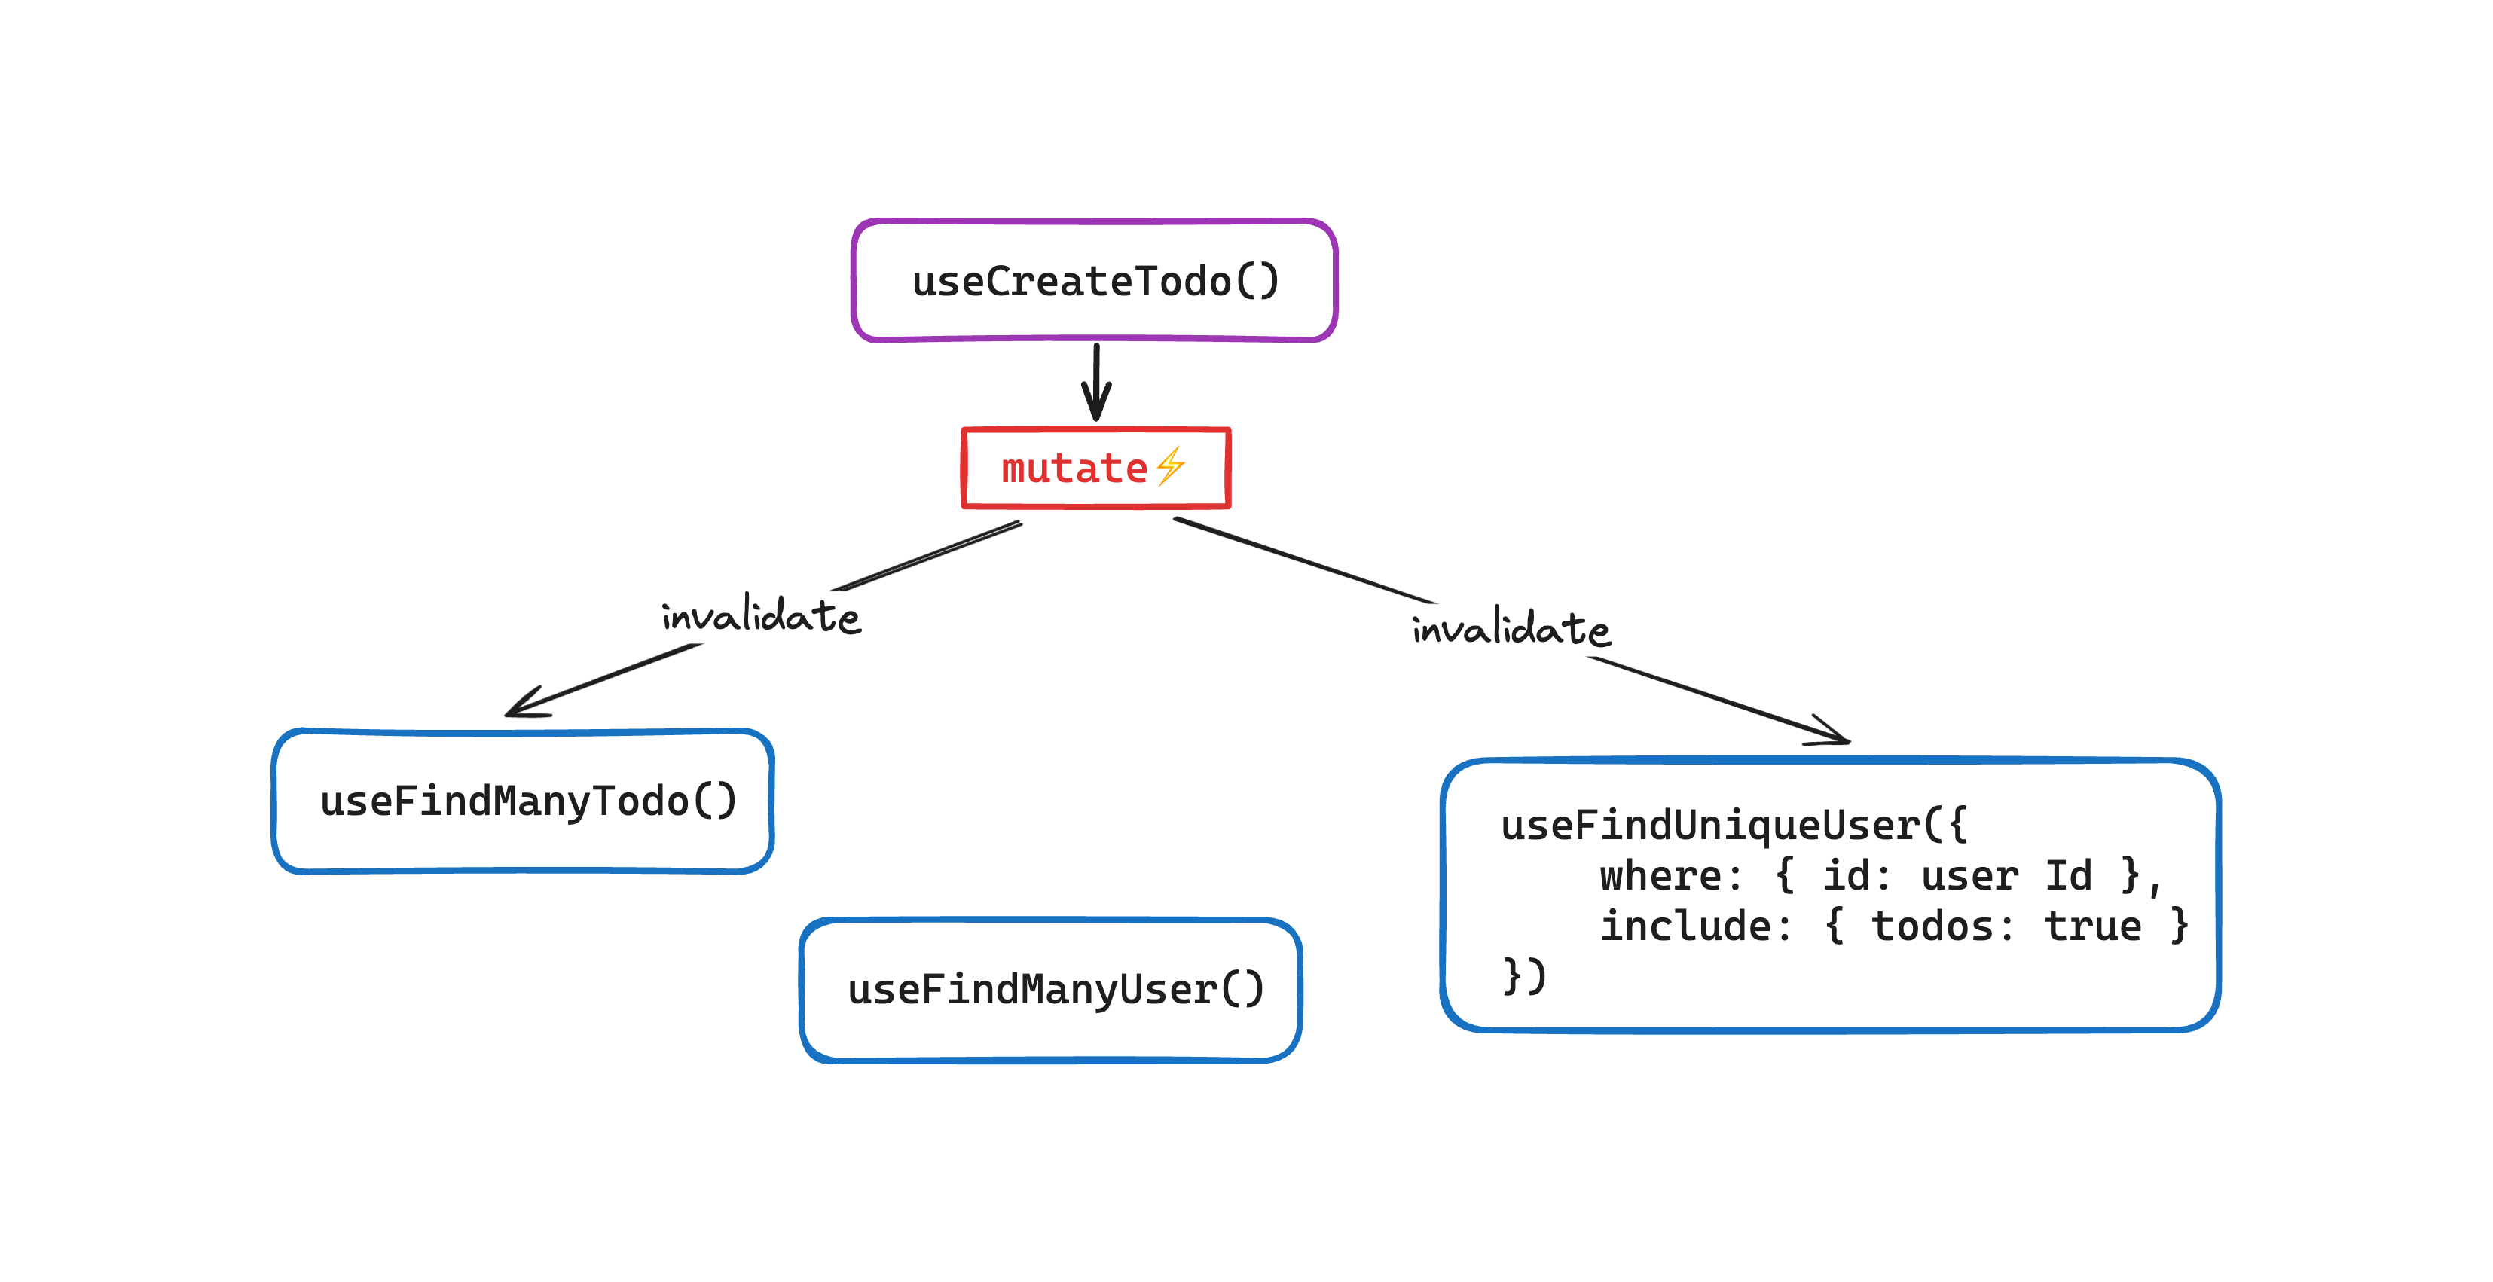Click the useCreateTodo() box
(1095, 281)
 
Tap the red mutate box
(1095, 467)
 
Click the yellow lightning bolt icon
(1171, 465)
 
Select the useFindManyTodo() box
(523, 801)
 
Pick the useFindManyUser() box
(1051, 989)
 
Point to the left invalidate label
(761, 616)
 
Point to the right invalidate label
(1511, 629)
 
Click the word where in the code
(1659, 875)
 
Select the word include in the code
(1684, 926)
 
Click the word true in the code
(2092, 926)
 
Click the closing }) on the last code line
(1524, 975)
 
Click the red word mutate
(1074, 469)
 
